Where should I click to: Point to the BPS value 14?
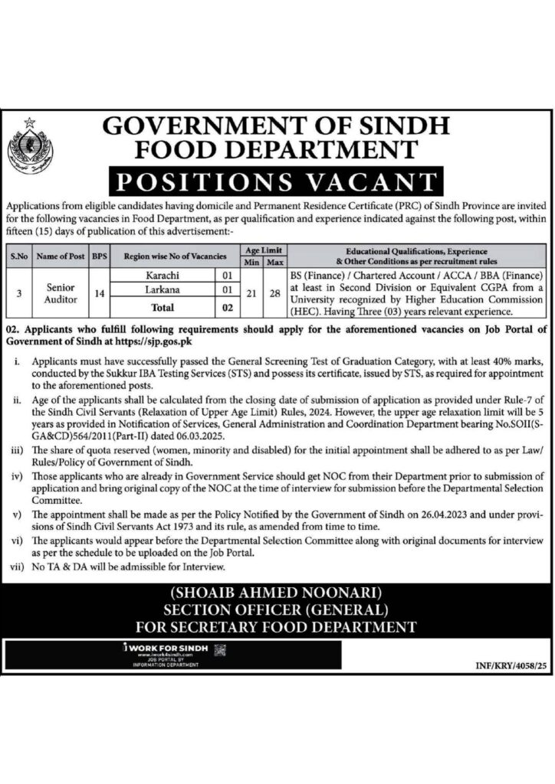[x=98, y=292]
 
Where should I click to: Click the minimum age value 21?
[x=250, y=292]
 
